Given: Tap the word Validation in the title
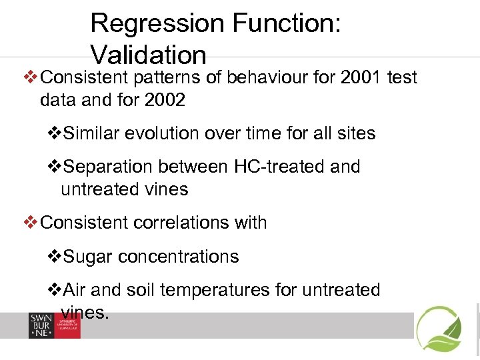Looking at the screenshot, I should click(148, 55).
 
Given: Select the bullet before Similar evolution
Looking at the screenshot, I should click(56, 133).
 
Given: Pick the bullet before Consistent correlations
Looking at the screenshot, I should click(31, 223).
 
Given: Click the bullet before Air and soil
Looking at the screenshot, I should click(56, 290).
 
